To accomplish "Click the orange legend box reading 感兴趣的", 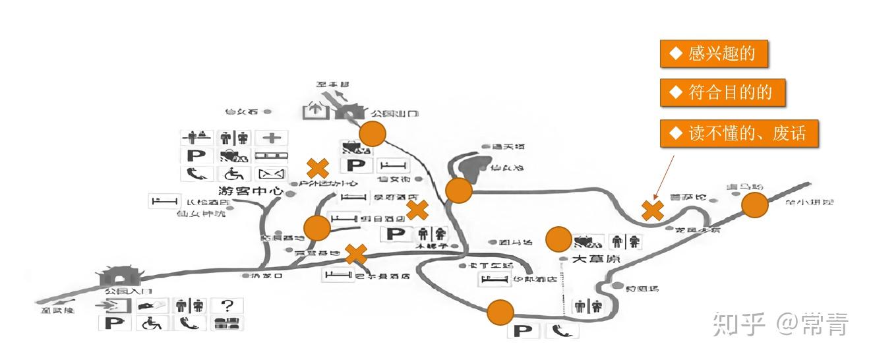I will click(x=714, y=54).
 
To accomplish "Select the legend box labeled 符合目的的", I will click(x=723, y=93).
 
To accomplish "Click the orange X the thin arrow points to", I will click(x=653, y=210).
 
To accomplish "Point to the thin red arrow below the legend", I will click(x=664, y=176).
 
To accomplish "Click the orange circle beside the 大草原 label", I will click(x=558, y=239).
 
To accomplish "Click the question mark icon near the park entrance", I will click(x=227, y=305).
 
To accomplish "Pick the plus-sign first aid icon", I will click(x=272, y=138).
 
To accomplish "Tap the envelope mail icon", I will click(x=272, y=174).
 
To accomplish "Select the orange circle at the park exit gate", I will click(x=373, y=134).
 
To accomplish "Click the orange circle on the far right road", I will click(x=755, y=205).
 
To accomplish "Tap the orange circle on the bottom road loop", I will click(x=500, y=312).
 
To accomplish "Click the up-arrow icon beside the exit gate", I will click(x=315, y=109).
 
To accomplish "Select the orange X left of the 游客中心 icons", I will click(x=318, y=168).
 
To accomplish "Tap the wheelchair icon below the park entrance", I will click(x=152, y=323).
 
